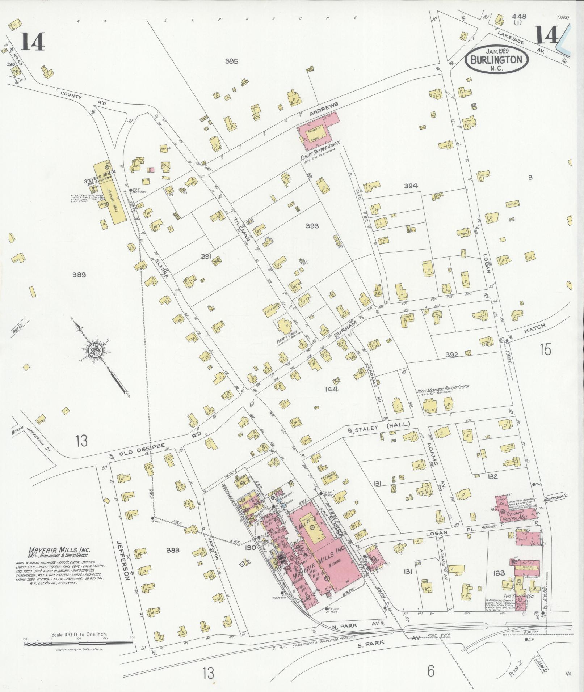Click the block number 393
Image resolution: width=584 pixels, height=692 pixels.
[312, 226]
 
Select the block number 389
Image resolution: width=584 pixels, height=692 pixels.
[79, 275]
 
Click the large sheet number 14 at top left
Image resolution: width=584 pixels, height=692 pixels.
[33, 41]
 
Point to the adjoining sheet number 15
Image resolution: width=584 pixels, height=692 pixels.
[545, 350]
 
